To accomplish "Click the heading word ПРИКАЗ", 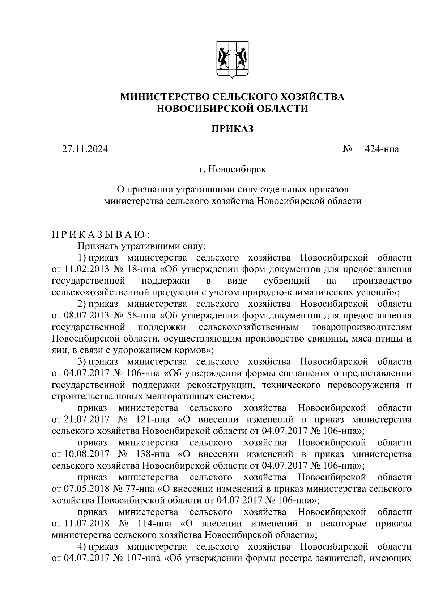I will pyautogui.click(x=232, y=128).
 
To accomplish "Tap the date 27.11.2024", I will pyautogui.click(x=85, y=149).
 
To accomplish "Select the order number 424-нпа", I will pyautogui.click(x=382, y=149).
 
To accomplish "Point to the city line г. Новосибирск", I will pyautogui.click(x=232, y=169).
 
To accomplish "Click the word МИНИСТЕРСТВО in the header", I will pyautogui.click(x=164, y=97).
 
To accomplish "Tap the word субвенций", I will pyautogui.click(x=287, y=281).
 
